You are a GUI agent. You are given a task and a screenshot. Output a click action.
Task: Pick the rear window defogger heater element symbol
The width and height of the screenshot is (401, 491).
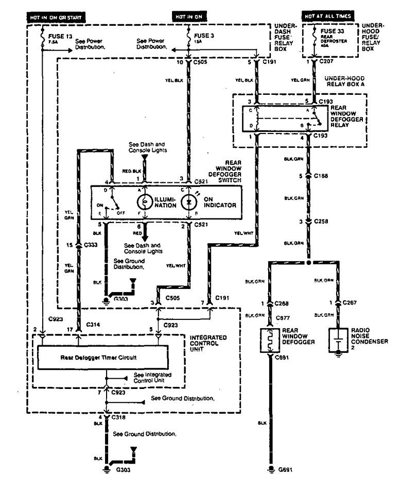point(269,340)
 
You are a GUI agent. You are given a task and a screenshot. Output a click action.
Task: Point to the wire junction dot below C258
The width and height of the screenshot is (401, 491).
point(308,262)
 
